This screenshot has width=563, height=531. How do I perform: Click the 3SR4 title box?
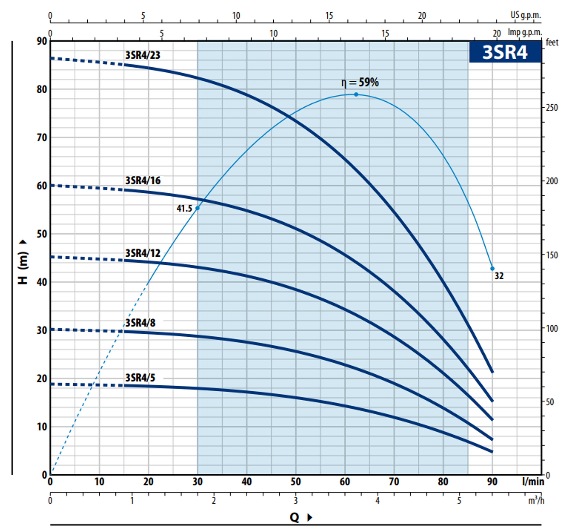pos(505,52)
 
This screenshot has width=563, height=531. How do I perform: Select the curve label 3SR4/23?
pos(143,55)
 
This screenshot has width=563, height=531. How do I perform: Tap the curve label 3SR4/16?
pos(143,180)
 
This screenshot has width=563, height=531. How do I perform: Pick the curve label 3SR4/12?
pos(143,253)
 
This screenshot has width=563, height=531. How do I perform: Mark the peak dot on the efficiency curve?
pos(356,94)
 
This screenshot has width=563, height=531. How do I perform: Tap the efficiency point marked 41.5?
pos(197,208)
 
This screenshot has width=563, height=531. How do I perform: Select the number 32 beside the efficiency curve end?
pos(499,276)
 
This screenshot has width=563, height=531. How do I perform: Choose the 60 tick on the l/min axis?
pos(345,482)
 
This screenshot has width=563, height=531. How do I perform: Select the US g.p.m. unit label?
pos(525,15)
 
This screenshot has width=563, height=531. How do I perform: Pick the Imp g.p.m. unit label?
pos(525,32)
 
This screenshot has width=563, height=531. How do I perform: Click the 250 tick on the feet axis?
pos(552,107)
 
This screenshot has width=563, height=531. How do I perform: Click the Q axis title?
pos(294,518)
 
